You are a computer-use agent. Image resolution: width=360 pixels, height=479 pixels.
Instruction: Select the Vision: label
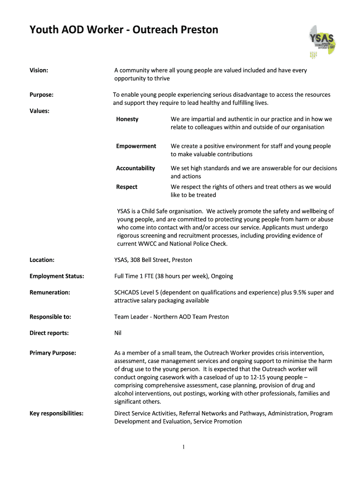(39, 70)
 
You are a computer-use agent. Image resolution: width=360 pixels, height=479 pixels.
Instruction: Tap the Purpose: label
(41, 94)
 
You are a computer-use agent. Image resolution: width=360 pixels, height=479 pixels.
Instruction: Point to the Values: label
(40, 111)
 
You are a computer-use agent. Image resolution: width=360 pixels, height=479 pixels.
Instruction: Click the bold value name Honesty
(127, 119)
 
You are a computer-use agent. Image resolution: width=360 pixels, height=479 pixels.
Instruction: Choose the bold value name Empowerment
(136, 146)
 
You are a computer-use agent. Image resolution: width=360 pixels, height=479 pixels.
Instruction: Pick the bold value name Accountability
(136, 168)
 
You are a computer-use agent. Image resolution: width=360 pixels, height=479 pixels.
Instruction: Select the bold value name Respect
(127, 187)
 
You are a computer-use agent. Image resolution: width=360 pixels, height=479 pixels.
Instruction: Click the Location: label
(42, 260)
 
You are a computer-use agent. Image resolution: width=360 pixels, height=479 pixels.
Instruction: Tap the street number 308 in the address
(136, 260)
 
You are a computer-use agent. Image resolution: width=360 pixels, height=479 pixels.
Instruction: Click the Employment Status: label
(57, 276)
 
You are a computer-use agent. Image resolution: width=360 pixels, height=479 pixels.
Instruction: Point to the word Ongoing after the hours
(222, 276)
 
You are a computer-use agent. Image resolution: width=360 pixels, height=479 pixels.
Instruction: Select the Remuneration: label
(50, 292)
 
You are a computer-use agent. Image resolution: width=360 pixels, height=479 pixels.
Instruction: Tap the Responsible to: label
(50, 317)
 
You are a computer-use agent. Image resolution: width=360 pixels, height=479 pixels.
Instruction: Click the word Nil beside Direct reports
(118, 333)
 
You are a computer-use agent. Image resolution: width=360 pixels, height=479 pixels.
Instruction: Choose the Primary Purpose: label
(53, 353)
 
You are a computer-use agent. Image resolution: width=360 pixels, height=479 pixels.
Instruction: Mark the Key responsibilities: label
(57, 413)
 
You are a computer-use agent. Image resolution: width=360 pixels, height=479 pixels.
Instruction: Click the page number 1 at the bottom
(184, 447)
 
